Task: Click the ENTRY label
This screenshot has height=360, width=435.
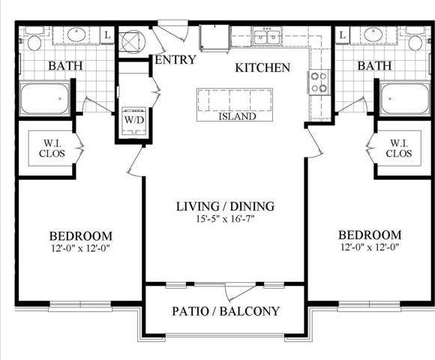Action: tap(174, 59)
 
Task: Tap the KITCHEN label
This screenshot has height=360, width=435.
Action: tap(262, 67)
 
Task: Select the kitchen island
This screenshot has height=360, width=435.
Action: tap(237, 105)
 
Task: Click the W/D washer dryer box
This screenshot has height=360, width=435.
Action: tap(134, 119)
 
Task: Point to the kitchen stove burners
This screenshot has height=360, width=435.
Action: tap(319, 81)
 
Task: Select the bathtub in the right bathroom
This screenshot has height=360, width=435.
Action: tap(404, 99)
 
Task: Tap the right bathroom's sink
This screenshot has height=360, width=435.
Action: tap(373, 34)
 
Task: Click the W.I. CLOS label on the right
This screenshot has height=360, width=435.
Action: tap(399, 148)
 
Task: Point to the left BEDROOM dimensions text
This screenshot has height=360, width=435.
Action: tap(83, 248)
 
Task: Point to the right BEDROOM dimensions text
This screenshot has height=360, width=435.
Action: tap(369, 248)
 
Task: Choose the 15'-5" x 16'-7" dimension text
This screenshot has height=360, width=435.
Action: tap(225, 219)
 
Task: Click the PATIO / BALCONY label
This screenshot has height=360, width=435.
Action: tap(225, 310)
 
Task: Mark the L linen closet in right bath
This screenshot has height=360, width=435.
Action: tap(342, 34)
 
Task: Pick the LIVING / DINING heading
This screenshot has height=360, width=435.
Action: tap(225, 206)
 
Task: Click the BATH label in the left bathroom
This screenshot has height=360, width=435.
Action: tap(65, 66)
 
